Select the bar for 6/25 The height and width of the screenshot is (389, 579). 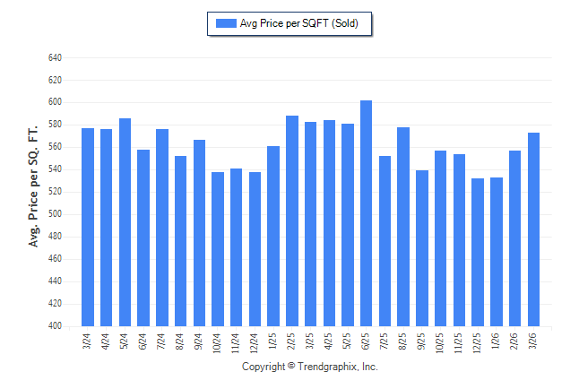[x=367, y=213]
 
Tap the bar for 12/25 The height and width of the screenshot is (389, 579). [x=478, y=252]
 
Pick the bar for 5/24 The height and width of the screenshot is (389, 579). [x=125, y=222]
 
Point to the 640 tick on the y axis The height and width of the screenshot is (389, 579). [x=55, y=57]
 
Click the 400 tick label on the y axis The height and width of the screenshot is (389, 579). [x=55, y=326]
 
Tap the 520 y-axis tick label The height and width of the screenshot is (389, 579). [x=55, y=192]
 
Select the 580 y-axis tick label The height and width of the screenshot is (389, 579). [x=55, y=125]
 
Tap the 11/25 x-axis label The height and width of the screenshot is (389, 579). [x=460, y=343]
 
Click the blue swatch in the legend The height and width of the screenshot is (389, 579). [x=225, y=24]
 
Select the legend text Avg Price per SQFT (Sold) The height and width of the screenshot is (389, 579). [x=298, y=24]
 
